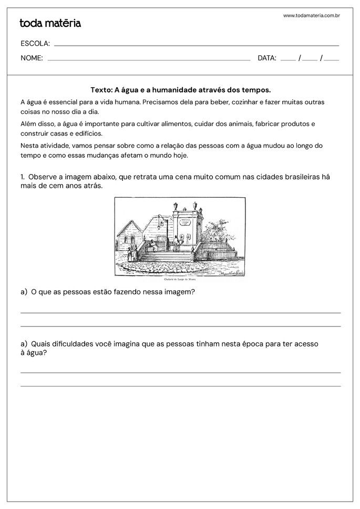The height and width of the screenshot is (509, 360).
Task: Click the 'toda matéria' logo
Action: pos(50,23)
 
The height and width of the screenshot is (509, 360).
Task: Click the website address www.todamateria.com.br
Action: pos(311,16)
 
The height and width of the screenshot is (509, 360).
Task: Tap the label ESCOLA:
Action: pos(35,43)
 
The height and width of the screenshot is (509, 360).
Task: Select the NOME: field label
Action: pos(32,58)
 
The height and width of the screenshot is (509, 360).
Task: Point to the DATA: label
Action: pos(267,58)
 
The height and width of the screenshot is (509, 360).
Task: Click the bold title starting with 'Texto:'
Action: pos(180,90)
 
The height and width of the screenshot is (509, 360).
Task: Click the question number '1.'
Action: pos(24,177)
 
